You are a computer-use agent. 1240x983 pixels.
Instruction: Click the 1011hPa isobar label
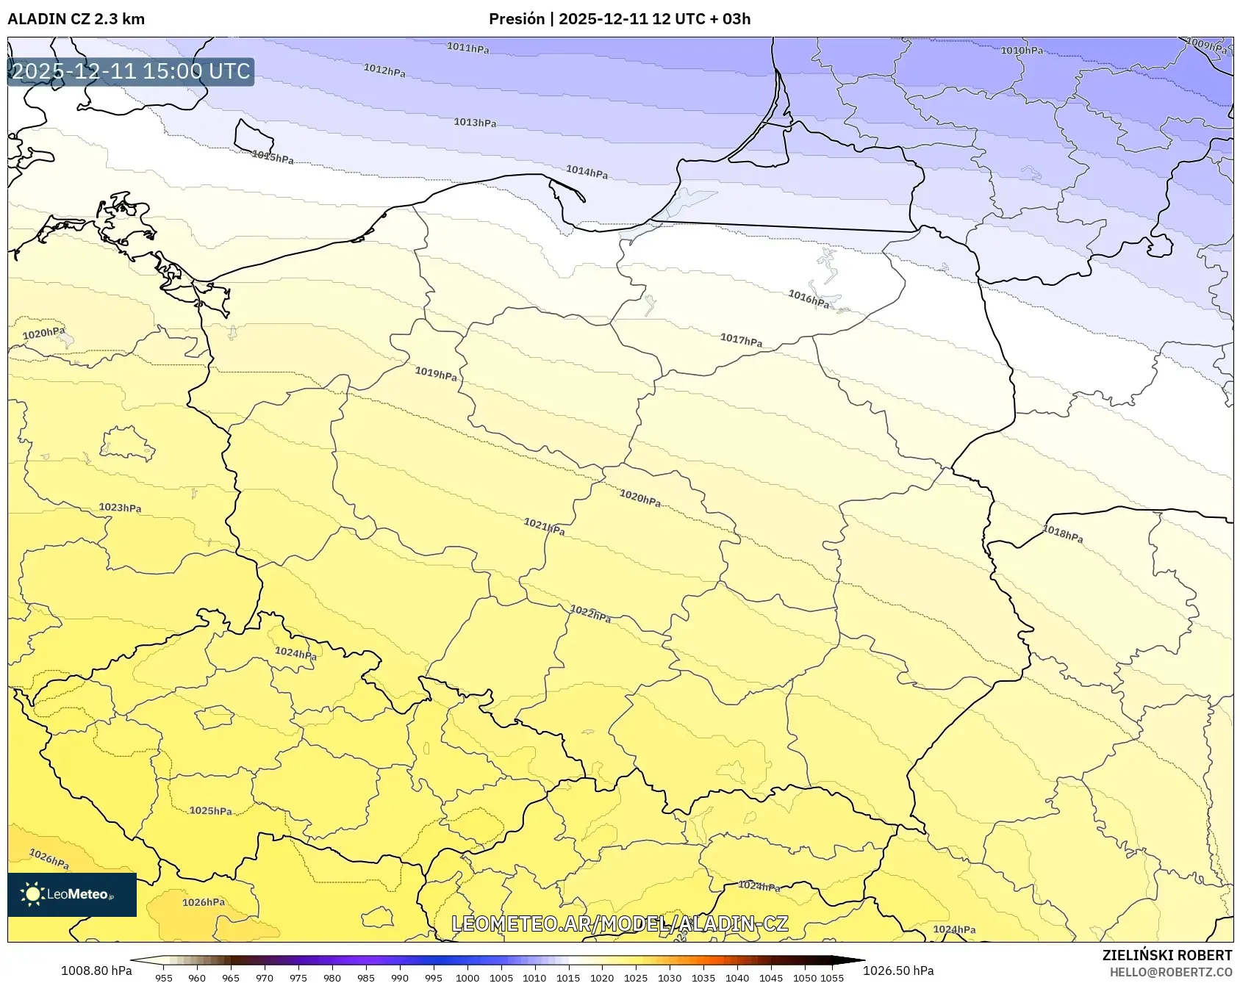coord(467,48)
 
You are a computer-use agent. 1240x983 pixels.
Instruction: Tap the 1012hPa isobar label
coord(384,71)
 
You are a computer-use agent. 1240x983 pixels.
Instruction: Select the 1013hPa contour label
coord(474,122)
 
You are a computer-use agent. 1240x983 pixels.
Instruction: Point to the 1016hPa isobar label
coord(808,298)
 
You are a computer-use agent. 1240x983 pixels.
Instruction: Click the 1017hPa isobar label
coord(741,340)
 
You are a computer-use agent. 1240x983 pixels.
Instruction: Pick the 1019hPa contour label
coord(436,374)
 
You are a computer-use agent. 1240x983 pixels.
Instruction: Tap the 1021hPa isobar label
coord(544,526)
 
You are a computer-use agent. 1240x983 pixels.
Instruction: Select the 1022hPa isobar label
coord(590,613)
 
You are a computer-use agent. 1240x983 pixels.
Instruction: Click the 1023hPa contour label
coord(120,508)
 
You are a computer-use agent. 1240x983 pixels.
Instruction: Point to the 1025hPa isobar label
coord(210,811)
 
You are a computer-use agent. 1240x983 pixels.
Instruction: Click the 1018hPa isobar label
coord(1062,534)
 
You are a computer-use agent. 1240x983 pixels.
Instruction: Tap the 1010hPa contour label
coord(1021,51)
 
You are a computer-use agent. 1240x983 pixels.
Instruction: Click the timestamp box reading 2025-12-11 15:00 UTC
coord(131,71)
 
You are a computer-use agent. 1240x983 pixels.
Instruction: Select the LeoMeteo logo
coord(72,894)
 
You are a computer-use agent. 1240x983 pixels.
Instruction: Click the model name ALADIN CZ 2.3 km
coord(76,19)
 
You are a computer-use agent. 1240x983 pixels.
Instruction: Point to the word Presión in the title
coord(517,19)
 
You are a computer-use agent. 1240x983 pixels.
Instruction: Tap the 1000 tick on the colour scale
coord(467,978)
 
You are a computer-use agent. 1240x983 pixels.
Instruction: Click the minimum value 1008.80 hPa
coord(96,971)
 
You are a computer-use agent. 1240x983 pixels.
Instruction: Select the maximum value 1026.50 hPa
coord(898,971)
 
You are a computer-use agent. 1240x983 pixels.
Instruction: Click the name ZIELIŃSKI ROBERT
coord(1166,955)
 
